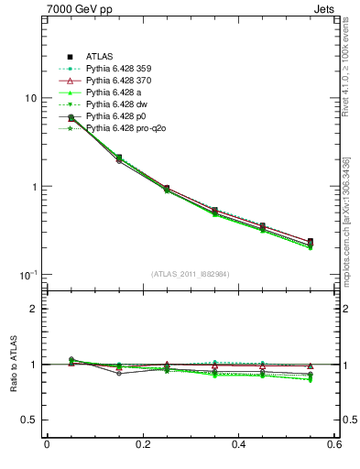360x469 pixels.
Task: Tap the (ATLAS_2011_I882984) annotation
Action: pos(190,273)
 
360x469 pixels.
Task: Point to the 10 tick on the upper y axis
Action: pos(29,98)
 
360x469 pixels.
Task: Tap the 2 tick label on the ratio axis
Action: pos(33,309)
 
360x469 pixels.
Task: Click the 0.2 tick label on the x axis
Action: pos(142,445)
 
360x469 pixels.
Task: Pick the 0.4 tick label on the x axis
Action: pos(239,445)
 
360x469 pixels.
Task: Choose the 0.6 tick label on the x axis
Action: pos(334,445)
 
